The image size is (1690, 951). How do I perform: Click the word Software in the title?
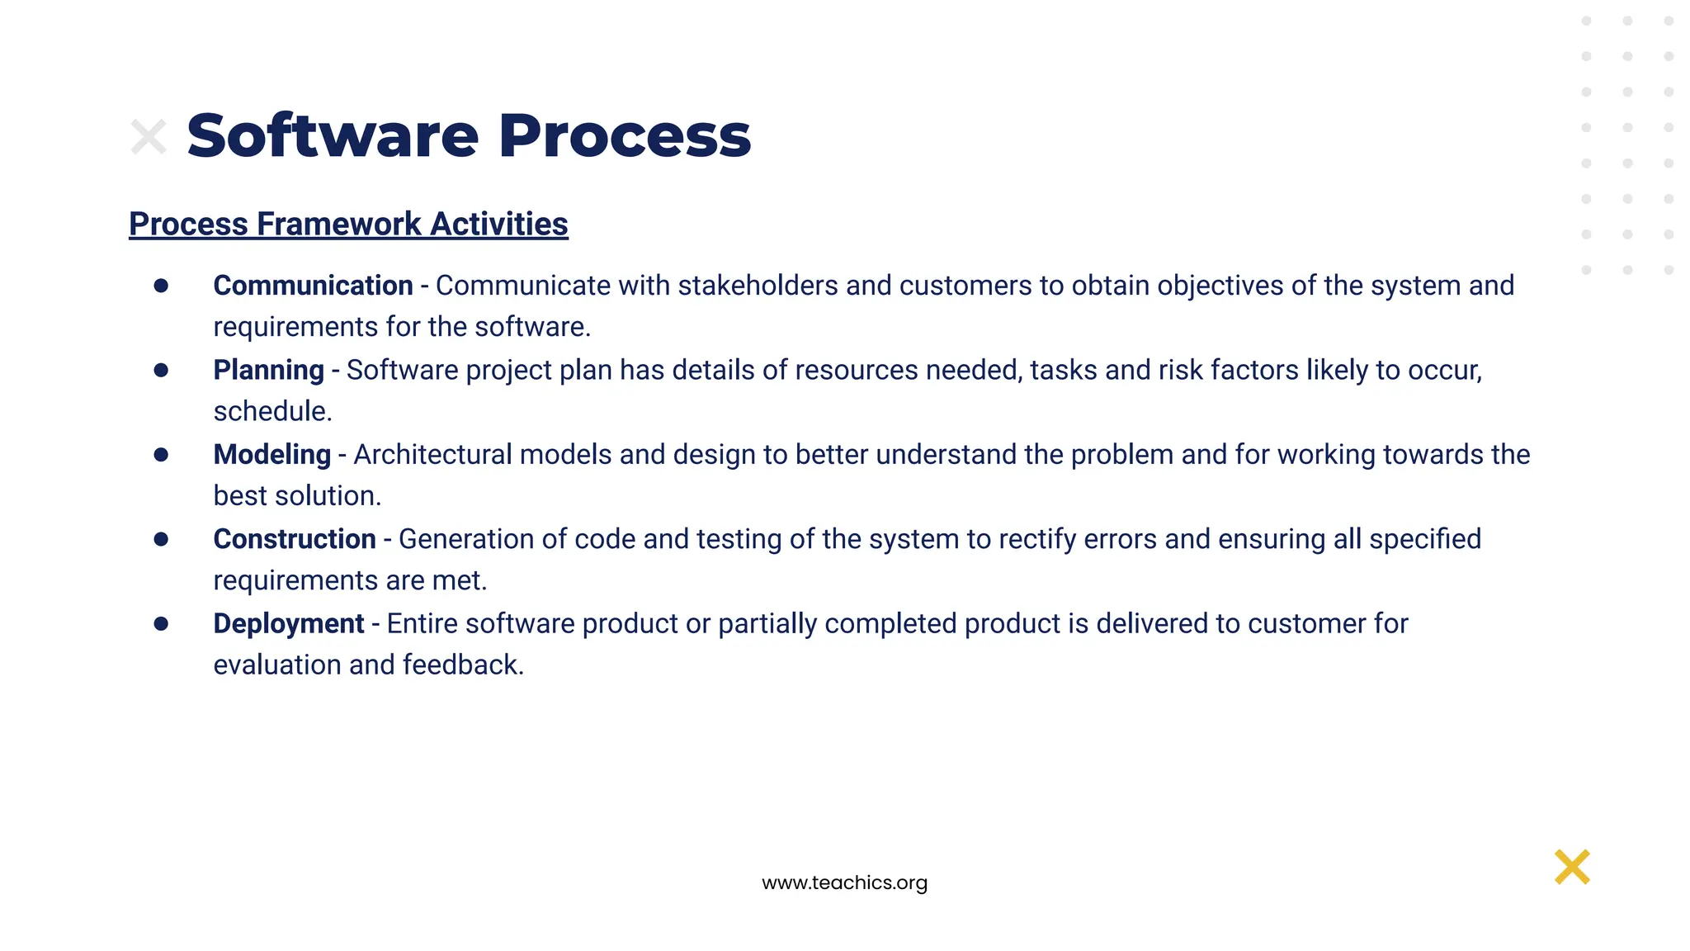(x=332, y=135)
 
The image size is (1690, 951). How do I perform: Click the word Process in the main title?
(x=625, y=135)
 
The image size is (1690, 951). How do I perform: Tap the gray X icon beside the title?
(x=149, y=137)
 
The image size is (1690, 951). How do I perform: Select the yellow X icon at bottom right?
(x=1572, y=867)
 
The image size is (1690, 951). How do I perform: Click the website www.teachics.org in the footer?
(x=844, y=882)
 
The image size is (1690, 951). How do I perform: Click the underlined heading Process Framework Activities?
(x=348, y=224)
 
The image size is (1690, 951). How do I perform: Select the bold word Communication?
(x=313, y=286)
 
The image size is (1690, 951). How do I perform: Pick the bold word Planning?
(x=268, y=370)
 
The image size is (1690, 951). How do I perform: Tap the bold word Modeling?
(x=271, y=455)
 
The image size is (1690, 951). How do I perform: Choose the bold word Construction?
(x=295, y=539)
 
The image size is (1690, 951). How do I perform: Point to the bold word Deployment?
(x=288, y=623)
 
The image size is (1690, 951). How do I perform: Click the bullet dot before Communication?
(x=161, y=286)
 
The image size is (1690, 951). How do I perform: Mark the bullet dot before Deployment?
(x=161, y=623)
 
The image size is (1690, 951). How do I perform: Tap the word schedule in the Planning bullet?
(x=271, y=411)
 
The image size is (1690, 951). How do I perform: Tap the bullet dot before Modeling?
(x=161, y=455)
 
